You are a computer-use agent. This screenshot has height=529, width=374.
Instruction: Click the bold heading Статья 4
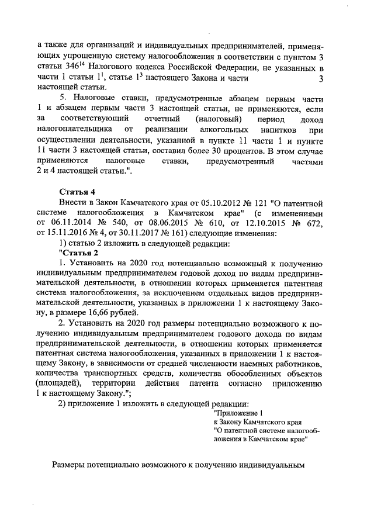pyautogui.click(x=78, y=192)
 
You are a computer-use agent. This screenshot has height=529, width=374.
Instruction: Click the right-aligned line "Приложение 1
pyautogui.click(x=240, y=413)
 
